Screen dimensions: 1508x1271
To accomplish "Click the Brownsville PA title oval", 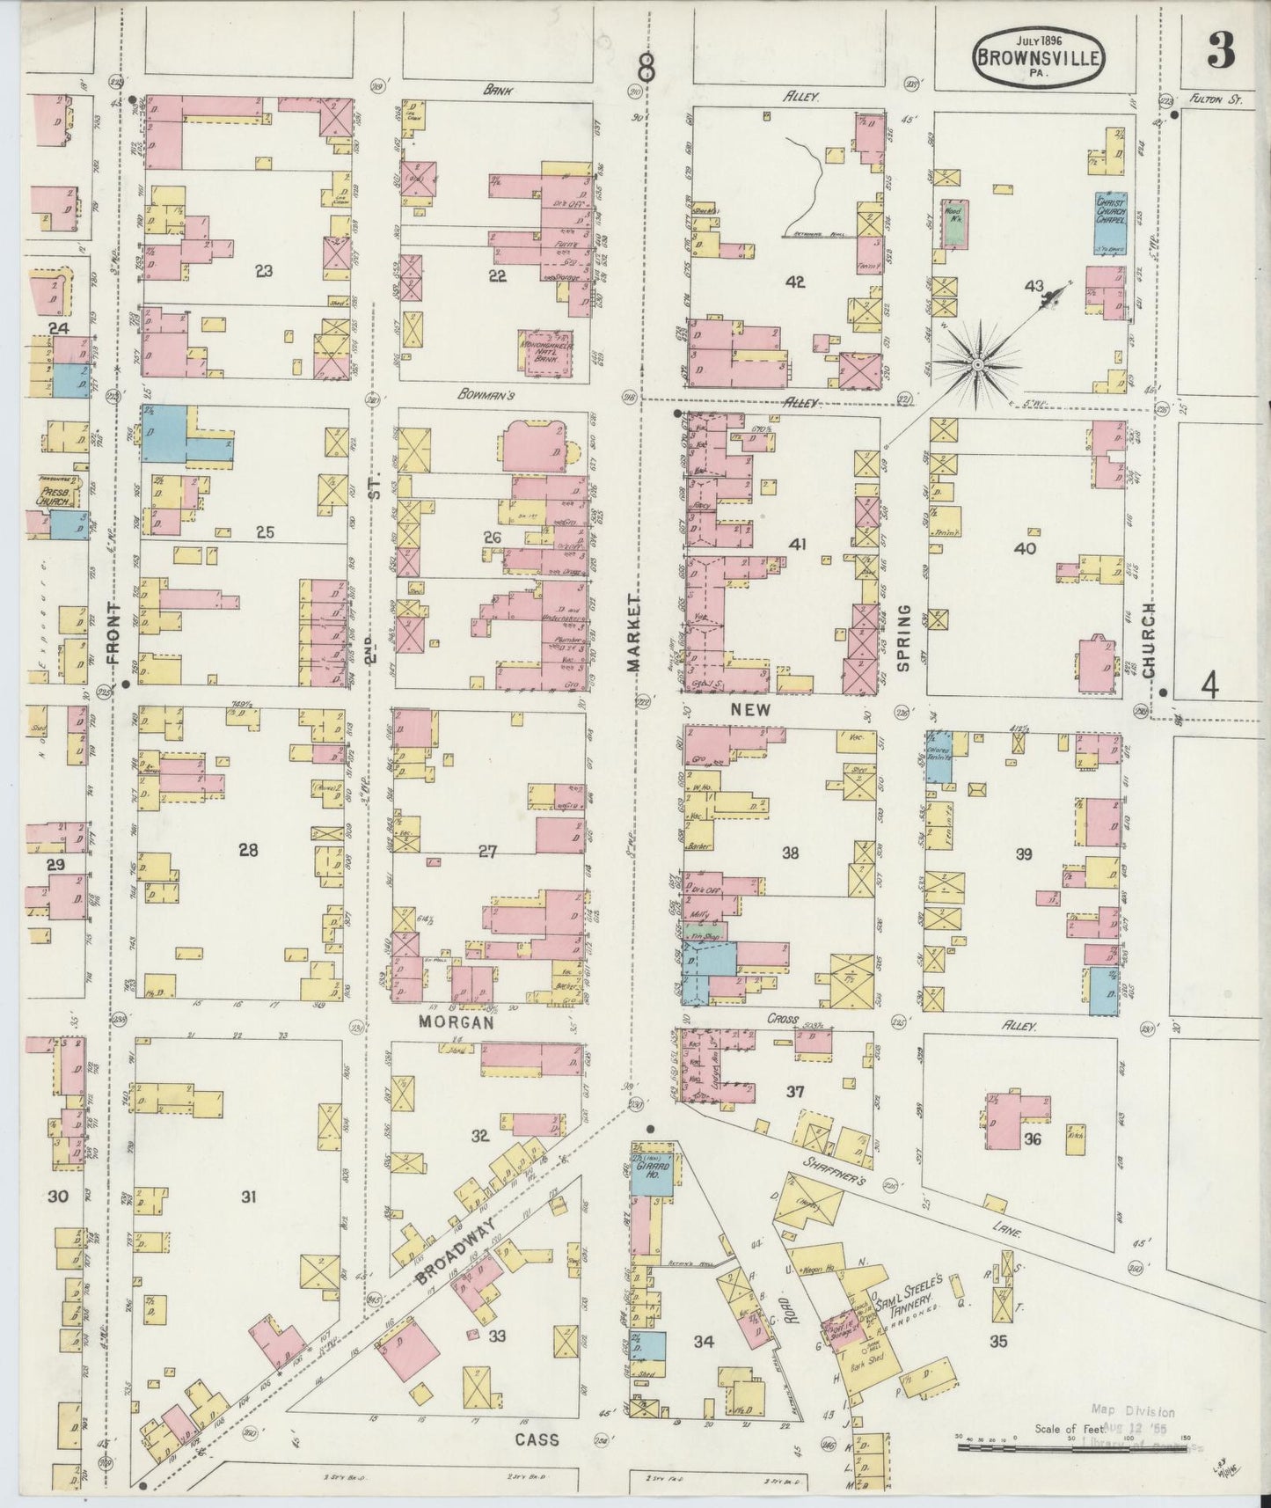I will pos(1038,56).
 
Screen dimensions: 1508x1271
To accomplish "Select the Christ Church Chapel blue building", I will pos(1110,220).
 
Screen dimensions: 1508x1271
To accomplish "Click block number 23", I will pos(262,272).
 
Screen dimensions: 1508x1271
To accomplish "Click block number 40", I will pos(1025,548).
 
